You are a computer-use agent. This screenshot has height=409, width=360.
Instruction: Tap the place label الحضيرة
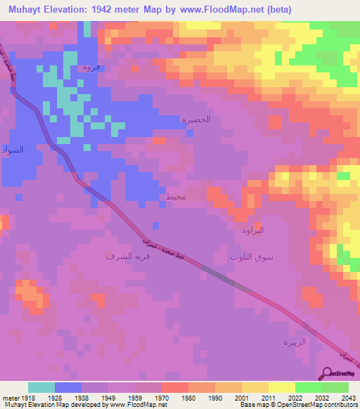coord(196,119)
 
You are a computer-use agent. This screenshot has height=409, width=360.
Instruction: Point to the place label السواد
coord(13,150)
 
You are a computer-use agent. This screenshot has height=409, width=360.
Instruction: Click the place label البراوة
coord(252,231)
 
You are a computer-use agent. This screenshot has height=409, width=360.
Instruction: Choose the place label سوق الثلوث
coord(252,257)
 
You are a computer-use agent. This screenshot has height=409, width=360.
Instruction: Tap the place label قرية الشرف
coord(111,257)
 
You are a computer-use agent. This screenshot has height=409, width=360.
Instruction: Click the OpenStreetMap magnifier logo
coord(328,373)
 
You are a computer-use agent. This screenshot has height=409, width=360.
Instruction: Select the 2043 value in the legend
coord(348,398)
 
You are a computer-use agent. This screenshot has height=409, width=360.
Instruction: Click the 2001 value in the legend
coord(241,398)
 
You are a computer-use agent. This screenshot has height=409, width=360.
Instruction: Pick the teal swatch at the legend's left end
coord(41,387)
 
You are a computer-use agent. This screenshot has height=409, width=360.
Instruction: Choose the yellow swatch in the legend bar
coord(281,387)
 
